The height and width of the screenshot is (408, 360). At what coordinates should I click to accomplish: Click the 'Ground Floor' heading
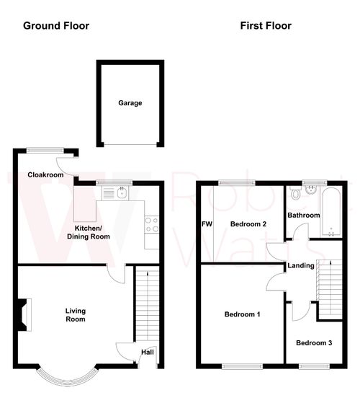click(x=56, y=25)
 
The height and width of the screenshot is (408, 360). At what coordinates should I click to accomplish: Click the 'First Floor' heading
click(x=266, y=25)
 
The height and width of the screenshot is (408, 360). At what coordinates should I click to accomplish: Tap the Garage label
click(x=130, y=103)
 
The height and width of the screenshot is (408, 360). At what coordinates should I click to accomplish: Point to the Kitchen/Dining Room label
click(x=89, y=231)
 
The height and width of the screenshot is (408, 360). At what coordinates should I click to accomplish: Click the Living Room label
click(x=76, y=314)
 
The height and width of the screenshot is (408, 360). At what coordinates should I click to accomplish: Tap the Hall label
click(x=147, y=352)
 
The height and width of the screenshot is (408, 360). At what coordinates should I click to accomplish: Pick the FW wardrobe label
click(x=207, y=224)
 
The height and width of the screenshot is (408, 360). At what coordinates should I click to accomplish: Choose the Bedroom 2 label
click(x=248, y=224)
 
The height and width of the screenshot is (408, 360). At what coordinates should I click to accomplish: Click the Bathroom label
click(x=303, y=215)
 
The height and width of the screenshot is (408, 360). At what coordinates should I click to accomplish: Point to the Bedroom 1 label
click(x=242, y=314)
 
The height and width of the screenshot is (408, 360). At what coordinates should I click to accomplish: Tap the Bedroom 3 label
click(x=314, y=342)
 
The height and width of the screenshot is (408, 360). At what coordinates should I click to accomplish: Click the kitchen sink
click(x=114, y=192)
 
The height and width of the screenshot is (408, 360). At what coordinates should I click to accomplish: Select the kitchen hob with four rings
click(x=151, y=224)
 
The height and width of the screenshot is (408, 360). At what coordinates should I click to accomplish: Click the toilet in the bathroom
click(x=296, y=192)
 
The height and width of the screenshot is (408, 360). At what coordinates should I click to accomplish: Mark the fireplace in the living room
click(x=23, y=314)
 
